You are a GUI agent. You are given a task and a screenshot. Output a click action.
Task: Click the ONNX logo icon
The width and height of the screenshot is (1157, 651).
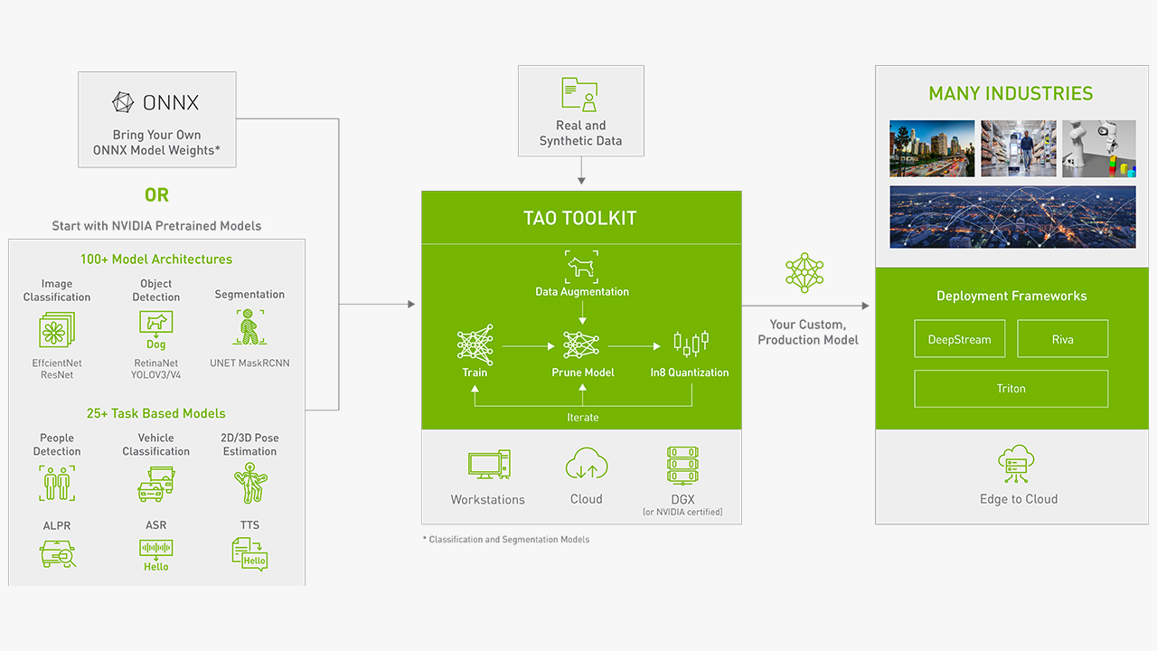pyautogui.click(x=123, y=102)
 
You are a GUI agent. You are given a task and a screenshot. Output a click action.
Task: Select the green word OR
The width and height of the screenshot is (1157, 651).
pyautogui.click(x=156, y=195)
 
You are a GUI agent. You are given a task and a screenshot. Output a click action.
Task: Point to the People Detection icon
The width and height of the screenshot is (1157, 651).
pyautogui.click(x=57, y=483)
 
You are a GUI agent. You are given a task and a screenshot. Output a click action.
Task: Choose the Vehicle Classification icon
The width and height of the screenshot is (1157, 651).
pyautogui.click(x=155, y=484)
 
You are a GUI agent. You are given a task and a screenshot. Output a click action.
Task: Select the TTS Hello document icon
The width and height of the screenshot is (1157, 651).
pyautogui.click(x=249, y=552)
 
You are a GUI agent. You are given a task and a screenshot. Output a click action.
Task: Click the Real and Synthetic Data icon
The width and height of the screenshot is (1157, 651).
pyautogui.click(x=580, y=94)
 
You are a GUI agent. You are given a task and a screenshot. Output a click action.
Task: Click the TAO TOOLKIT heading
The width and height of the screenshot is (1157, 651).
pyautogui.click(x=580, y=218)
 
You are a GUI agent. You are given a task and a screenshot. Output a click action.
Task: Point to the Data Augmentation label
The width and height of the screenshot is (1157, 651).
pyautogui.click(x=582, y=292)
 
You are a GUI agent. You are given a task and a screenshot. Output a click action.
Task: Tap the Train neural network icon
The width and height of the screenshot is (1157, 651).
pyautogui.click(x=475, y=344)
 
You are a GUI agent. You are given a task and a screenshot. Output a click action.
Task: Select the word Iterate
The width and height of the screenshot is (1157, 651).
pyautogui.click(x=582, y=418)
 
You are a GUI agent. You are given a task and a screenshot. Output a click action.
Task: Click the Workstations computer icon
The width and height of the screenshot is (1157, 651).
pyautogui.click(x=488, y=465)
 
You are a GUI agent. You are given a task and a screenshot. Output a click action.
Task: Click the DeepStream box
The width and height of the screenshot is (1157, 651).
pyautogui.click(x=959, y=340)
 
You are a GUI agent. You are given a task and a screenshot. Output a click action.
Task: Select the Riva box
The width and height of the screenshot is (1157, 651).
pyautogui.click(x=1062, y=340)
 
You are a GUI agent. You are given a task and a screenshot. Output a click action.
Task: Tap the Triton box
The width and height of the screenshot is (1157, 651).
pyautogui.click(x=1011, y=389)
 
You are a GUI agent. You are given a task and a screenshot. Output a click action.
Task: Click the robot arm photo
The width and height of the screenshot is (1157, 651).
pyautogui.click(x=1098, y=148)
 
